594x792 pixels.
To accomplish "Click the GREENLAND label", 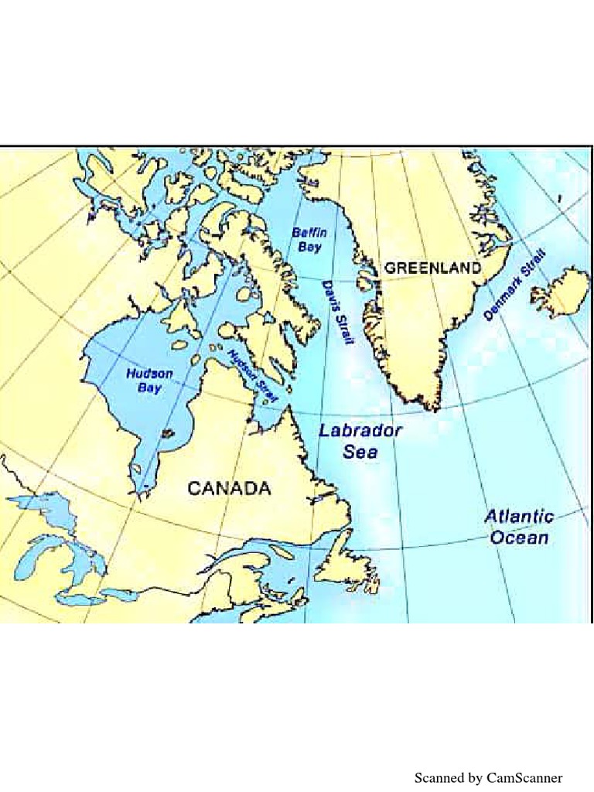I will (432, 268).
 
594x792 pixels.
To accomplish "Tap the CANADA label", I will (230, 488).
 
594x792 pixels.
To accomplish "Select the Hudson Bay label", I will (149, 380).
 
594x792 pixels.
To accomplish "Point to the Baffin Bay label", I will (309, 239).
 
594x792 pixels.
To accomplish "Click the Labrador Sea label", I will (360, 441).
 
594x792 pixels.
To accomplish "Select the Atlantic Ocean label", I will (519, 527).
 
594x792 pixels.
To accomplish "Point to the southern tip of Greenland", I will (435, 407).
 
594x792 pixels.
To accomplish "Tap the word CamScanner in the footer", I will (524, 777).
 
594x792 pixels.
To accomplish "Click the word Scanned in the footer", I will (439, 777).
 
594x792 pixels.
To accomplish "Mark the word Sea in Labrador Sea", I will (360, 452).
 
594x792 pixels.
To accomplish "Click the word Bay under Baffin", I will (309, 247).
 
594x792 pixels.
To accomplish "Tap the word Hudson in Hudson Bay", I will (149, 374).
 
